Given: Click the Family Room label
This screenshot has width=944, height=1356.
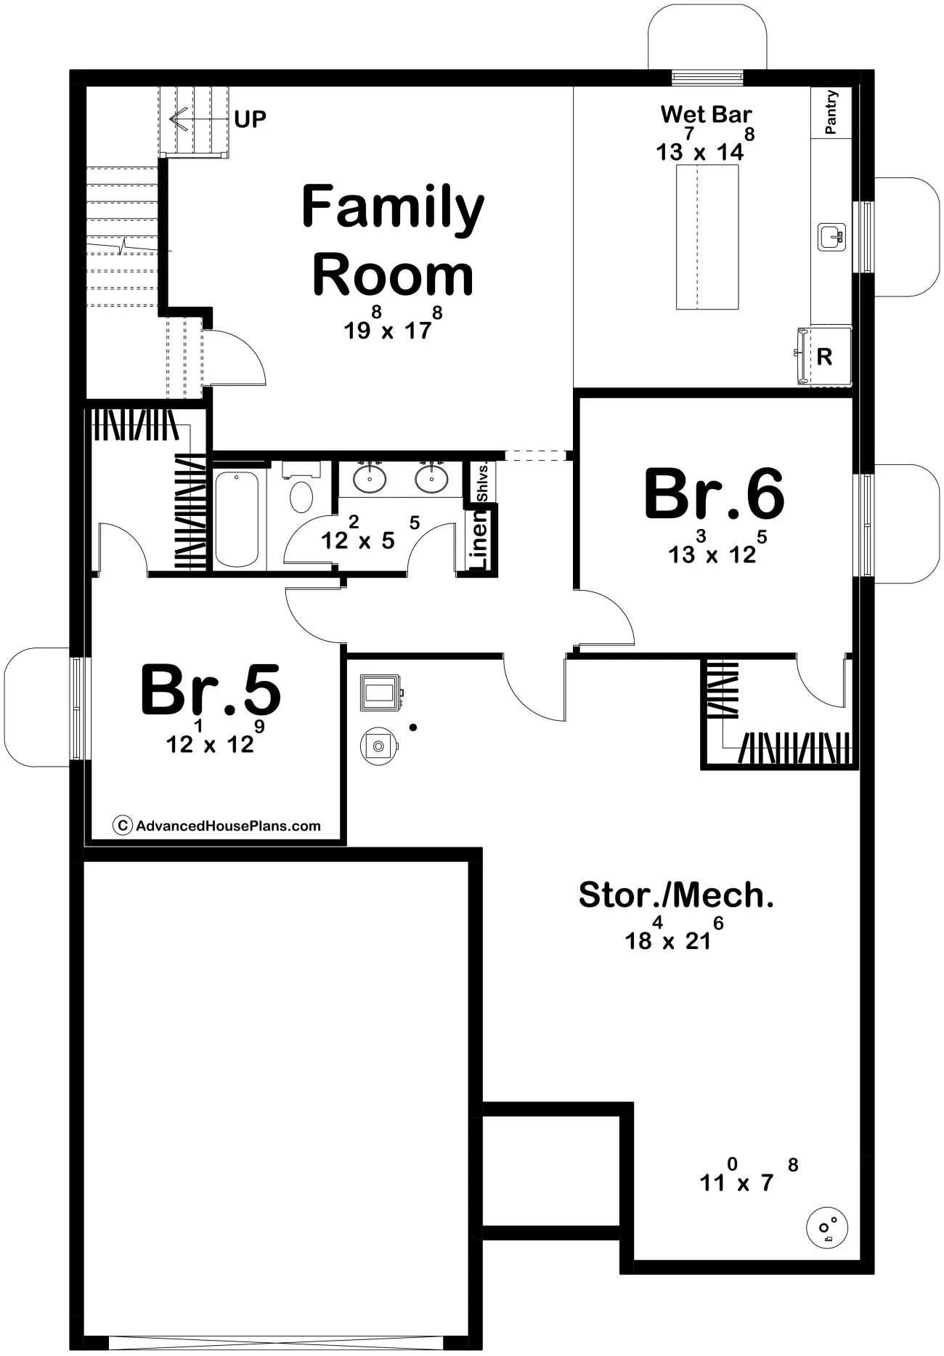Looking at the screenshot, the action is click(393, 240).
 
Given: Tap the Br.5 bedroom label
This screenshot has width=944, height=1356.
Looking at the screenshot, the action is click(211, 690).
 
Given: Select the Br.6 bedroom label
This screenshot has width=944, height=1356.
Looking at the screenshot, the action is click(715, 494).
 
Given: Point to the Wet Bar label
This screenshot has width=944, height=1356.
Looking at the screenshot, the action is click(706, 114).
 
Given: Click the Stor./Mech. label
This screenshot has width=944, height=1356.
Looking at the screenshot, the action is click(676, 895).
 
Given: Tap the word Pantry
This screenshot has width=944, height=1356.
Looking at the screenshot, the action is click(831, 112).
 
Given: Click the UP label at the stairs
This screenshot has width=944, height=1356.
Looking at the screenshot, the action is click(251, 119).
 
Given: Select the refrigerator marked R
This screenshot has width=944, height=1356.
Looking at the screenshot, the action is click(824, 356).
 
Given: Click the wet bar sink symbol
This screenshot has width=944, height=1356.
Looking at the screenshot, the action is click(831, 237).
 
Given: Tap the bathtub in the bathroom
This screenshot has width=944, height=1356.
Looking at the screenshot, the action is click(237, 519).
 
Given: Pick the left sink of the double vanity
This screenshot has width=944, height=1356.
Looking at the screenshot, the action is click(370, 477).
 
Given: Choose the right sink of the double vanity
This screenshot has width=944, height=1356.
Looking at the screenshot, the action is click(432, 477).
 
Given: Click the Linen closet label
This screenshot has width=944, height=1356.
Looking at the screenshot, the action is click(480, 539).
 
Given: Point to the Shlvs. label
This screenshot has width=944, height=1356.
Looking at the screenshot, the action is click(482, 481).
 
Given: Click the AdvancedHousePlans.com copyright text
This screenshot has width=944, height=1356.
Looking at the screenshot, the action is click(218, 826).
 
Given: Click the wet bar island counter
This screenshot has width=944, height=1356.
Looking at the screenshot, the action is click(708, 237).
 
